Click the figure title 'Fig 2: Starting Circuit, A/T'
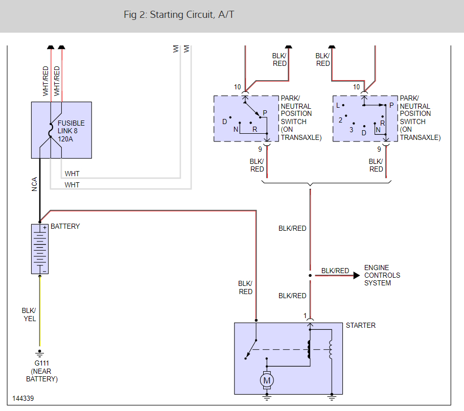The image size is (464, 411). click(x=179, y=15)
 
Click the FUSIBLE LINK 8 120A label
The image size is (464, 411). click(x=71, y=131)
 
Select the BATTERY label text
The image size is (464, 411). click(x=65, y=226)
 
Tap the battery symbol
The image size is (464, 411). click(x=39, y=249)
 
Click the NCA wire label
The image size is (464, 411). click(x=34, y=184)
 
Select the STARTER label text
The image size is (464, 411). click(x=361, y=325)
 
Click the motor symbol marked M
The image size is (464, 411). click(x=266, y=379)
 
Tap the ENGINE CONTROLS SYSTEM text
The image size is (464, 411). click(x=382, y=275)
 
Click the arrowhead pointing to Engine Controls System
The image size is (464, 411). click(x=356, y=275)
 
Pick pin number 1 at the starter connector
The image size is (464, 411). click(x=305, y=316)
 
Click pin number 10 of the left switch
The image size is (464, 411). click(x=237, y=87)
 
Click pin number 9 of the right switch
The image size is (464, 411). click(x=379, y=149)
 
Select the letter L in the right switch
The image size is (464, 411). click(x=338, y=106)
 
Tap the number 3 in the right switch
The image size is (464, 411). click(x=351, y=130)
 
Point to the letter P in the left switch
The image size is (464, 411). click(x=265, y=113)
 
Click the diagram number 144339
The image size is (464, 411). click(x=24, y=398)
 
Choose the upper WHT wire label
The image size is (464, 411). click(x=72, y=174)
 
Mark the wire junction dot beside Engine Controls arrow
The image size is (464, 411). click(x=310, y=275)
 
